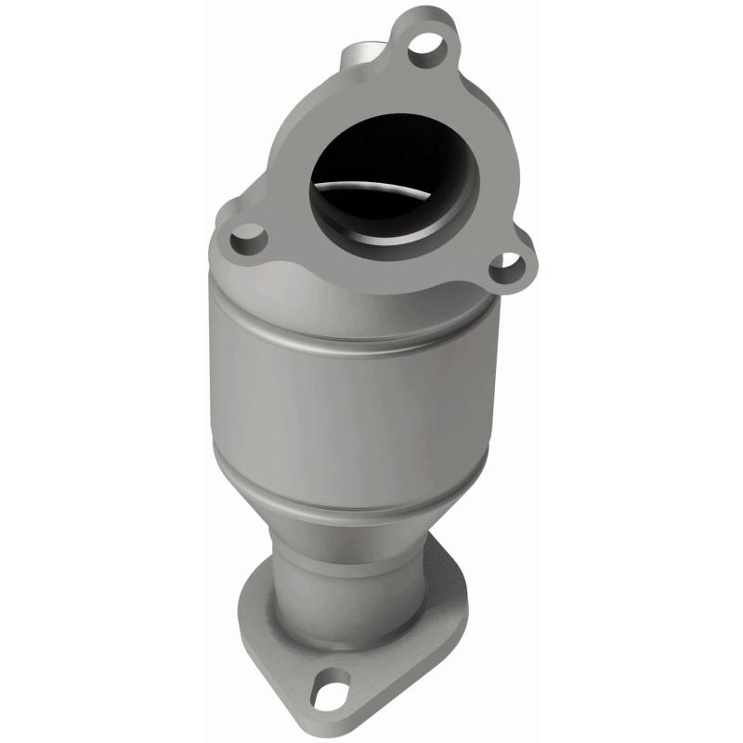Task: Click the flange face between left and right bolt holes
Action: [x=371, y=269]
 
